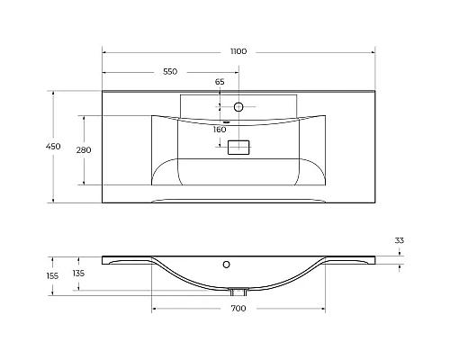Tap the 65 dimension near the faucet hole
tap(219, 83)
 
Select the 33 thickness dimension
tap(400, 240)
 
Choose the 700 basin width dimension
tap(238, 309)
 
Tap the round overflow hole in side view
tap(229, 265)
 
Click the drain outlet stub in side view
tap(238, 292)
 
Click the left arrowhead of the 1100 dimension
tap(104, 51)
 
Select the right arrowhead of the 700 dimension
tap(325, 309)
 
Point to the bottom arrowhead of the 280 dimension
tap(83, 183)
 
